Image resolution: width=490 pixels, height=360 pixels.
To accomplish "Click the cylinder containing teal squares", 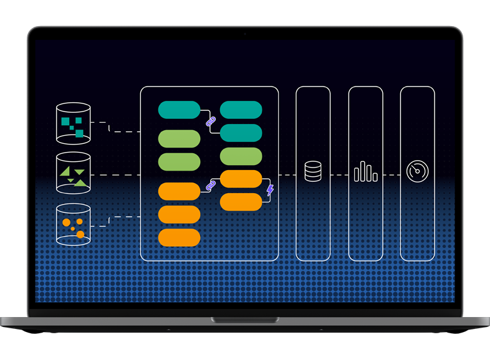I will (74, 122).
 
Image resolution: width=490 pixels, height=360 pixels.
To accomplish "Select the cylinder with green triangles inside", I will (74, 173).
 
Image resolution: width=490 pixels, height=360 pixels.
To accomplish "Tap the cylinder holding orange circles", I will (74, 224).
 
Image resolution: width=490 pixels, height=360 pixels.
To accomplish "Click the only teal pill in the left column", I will (179, 110).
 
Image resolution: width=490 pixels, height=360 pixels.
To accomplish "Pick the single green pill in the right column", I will (241, 156).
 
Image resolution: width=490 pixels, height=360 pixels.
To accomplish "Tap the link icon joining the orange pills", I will (210, 185).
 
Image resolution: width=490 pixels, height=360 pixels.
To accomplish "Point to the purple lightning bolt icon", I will (270, 190).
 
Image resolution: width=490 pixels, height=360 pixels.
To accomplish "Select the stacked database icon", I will (313, 171).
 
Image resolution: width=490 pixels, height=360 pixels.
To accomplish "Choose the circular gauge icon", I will (416, 171).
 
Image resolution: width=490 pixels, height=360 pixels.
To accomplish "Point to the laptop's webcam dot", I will (245, 33).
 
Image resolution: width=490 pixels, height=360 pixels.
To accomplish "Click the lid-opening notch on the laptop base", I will (245, 320).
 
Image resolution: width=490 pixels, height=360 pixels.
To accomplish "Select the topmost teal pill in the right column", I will (241, 110).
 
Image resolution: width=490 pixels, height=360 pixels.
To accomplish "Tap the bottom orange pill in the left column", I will (179, 237).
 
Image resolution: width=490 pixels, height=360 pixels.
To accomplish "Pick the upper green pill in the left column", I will (179, 138).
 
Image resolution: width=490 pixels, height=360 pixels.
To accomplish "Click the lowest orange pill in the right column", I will (241, 202).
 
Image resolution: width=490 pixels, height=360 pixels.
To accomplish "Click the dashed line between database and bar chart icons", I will (339, 175).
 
